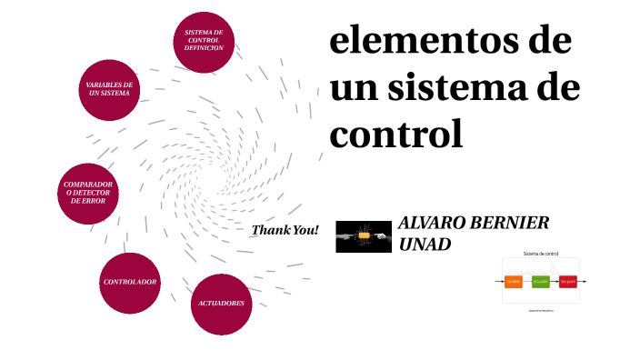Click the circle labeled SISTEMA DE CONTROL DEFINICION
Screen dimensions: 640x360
click(204, 39)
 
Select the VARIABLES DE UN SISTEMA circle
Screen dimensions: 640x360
click(110, 89)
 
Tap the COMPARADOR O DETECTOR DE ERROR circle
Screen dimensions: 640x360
click(88, 193)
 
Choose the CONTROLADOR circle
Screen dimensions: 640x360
click(130, 282)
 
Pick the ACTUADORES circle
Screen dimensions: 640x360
click(221, 303)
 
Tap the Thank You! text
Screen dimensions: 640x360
click(285, 230)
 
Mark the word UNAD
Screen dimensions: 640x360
click(425, 244)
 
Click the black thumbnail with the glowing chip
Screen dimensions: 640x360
click(364, 236)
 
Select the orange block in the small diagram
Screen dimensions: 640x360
click(514, 281)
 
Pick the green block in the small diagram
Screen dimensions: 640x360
click(541, 281)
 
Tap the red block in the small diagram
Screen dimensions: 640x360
click(568, 281)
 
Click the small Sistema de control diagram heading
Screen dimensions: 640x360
click(540, 254)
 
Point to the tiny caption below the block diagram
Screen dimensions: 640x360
click(540, 310)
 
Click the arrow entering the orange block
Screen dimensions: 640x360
click(499, 281)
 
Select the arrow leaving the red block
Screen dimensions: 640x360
click(583, 281)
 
